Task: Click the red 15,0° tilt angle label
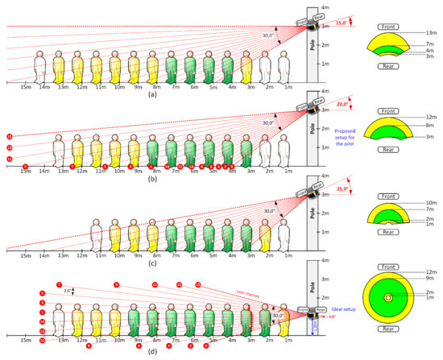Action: coord(342,23)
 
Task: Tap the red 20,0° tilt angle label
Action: coord(342,104)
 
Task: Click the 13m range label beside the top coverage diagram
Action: coord(430,32)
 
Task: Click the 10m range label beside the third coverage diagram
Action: coord(430,202)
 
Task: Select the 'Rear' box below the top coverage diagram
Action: coord(388,79)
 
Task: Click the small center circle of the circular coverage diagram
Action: coord(388,298)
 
